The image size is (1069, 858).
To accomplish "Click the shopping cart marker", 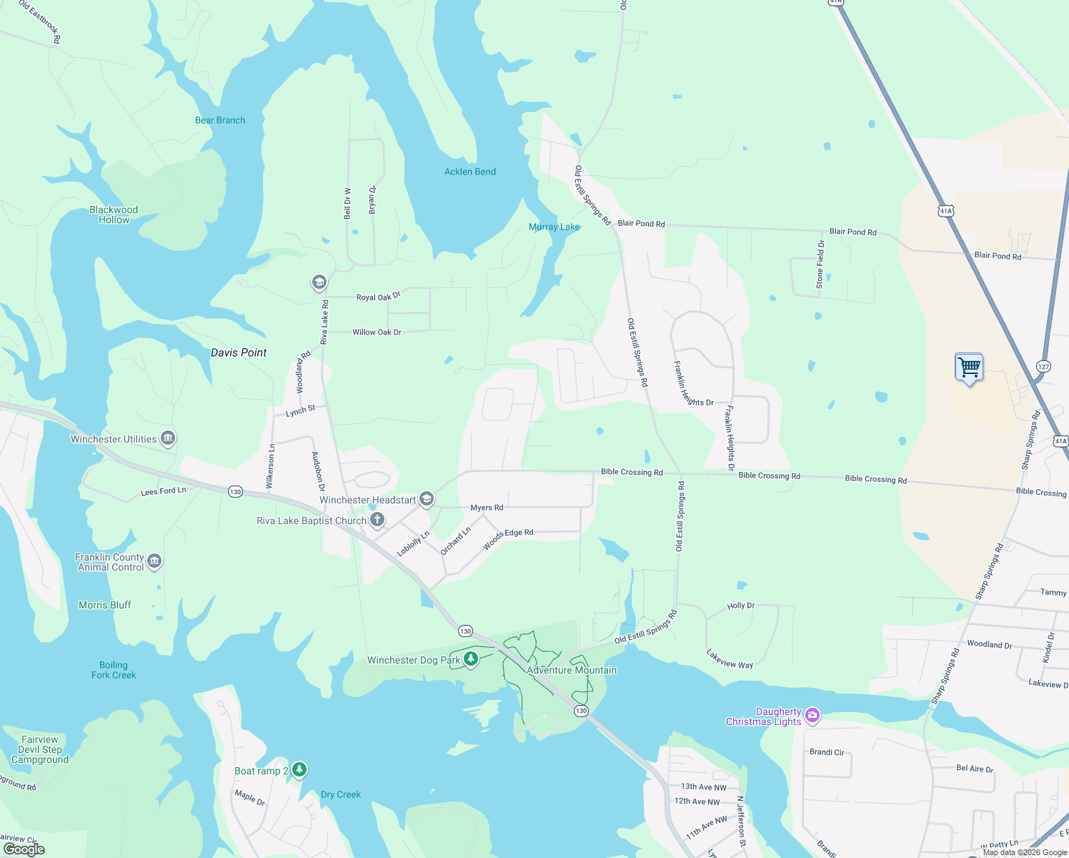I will (969, 368).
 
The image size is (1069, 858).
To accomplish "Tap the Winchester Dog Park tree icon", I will (471, 659).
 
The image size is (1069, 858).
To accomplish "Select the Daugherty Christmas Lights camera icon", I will (812, 715).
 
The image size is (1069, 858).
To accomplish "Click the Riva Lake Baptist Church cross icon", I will (377, 520).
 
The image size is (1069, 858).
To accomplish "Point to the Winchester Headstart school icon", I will (427, 499).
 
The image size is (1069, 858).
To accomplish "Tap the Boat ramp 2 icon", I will (299, 769).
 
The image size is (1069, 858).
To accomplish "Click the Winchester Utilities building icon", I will (168, 438).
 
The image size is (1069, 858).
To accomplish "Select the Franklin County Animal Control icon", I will (154, 561).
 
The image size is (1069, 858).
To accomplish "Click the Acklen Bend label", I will (469, 172).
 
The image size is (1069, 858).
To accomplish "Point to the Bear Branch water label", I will (220, 120).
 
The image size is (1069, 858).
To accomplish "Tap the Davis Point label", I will (239, 352).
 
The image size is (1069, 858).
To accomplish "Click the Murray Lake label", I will (554, 227).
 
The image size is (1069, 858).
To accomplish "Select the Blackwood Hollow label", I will (114, 214).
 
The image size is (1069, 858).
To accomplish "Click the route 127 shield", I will (1043, 367).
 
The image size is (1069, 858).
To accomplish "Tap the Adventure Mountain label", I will (571, 670).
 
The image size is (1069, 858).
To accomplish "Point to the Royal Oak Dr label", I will (378, 297).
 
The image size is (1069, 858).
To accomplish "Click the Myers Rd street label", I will (487, 508).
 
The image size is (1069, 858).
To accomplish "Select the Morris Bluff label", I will (105, 605).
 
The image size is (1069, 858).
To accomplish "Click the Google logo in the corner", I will (24, 849).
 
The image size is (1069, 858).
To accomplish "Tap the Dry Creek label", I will (341, 794).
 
